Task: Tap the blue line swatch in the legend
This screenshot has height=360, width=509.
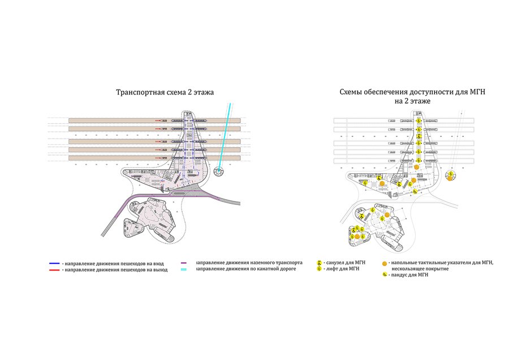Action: (x=54, y=263)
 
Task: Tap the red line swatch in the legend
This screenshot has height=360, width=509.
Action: (x=54, y=270)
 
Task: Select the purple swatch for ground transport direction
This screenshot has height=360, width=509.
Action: (x=184, y=263)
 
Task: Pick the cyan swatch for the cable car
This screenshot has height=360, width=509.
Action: (x=184, y=270)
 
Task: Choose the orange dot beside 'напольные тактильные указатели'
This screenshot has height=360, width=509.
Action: (x=385, y=263)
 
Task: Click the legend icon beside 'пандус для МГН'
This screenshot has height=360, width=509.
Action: (x=385, y=275)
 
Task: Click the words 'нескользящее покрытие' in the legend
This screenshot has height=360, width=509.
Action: (x=419, y=269)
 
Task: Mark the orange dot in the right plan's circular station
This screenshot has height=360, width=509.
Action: (x=450, y=174)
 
